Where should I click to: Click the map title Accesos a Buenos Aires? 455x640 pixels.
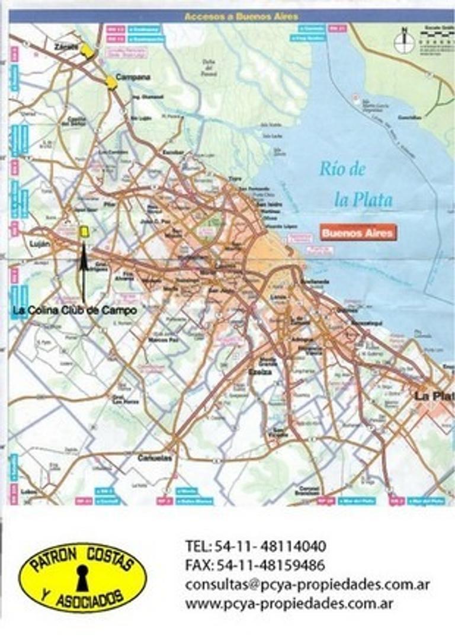241,17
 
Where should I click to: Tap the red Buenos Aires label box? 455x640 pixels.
357,233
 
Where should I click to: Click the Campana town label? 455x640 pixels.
133,77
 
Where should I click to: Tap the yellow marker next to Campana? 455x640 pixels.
111,82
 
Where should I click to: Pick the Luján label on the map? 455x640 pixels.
31,243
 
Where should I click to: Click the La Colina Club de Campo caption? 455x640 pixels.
75,310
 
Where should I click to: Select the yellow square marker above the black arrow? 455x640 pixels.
84,232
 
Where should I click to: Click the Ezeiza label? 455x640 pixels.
265,372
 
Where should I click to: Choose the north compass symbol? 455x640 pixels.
405,40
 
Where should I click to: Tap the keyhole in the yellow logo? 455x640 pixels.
82,577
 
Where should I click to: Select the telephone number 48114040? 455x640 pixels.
287,546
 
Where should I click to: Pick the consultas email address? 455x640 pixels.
307,584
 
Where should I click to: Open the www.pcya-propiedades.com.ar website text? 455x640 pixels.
290,604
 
